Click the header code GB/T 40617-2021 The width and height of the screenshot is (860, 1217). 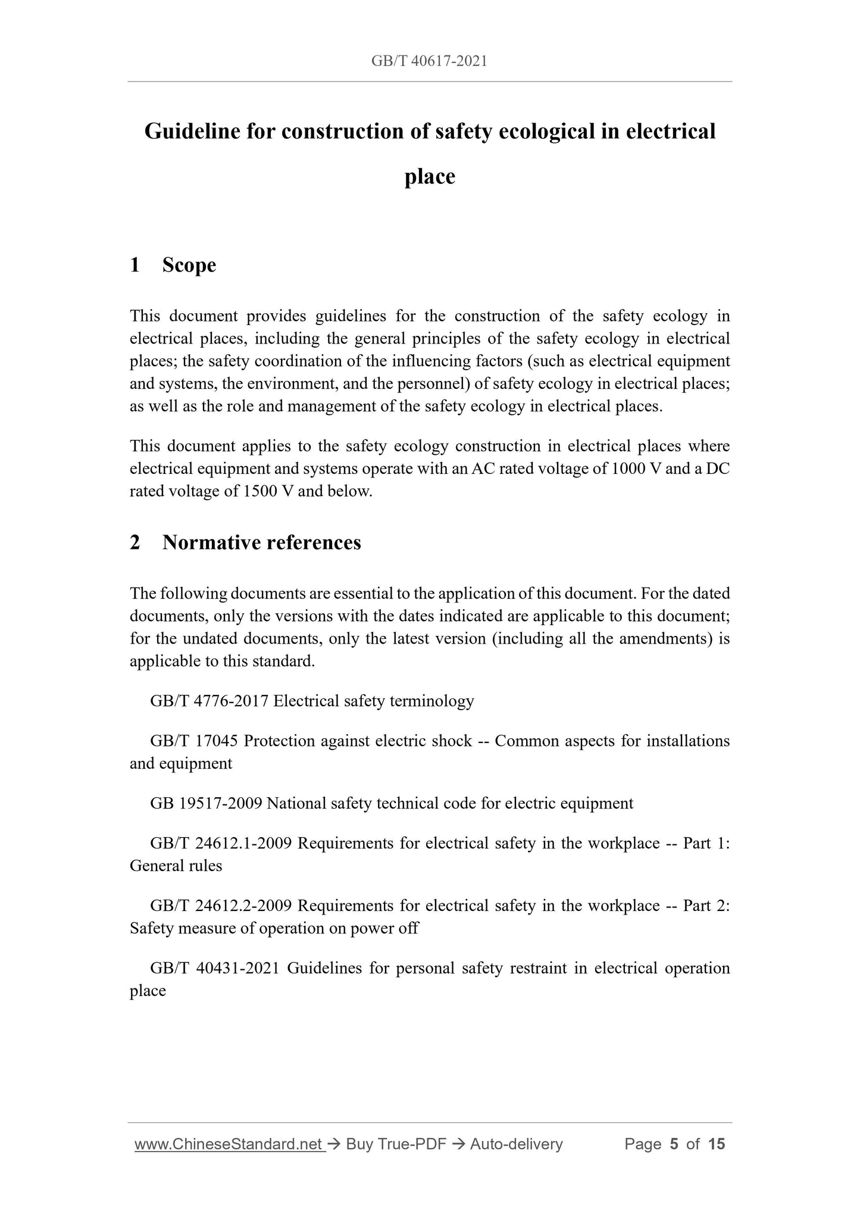pos(429,61)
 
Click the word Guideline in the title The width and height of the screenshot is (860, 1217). pos(192,131)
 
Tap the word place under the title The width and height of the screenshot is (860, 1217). pos(430,177)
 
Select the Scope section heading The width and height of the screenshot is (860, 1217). pos(189,265)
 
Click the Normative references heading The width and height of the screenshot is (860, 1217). pos(261,542)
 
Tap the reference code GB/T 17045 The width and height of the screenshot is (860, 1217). pos(194,741)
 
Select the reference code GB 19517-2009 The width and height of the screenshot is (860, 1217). pos(206,803)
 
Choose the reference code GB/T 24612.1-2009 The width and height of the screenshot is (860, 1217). pos(221,843)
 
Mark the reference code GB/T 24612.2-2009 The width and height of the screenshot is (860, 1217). pos(221,906)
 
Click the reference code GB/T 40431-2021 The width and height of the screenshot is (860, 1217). pos(215,968)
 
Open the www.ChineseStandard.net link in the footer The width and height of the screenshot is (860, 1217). pos(229,1144)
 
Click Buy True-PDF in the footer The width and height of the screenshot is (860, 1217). pos(396,1144)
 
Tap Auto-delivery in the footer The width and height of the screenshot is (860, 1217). pos(516,1144)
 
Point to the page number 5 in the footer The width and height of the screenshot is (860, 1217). pos(674,1144)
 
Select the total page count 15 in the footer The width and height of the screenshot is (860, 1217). pos(717,1144)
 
